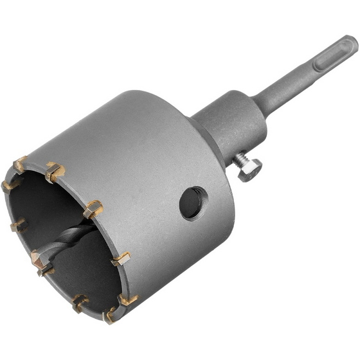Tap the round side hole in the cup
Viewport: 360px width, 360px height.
194,203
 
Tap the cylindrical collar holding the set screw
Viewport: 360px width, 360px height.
225,125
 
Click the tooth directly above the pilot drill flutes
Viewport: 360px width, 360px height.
93,208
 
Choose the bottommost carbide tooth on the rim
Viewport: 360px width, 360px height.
111,314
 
